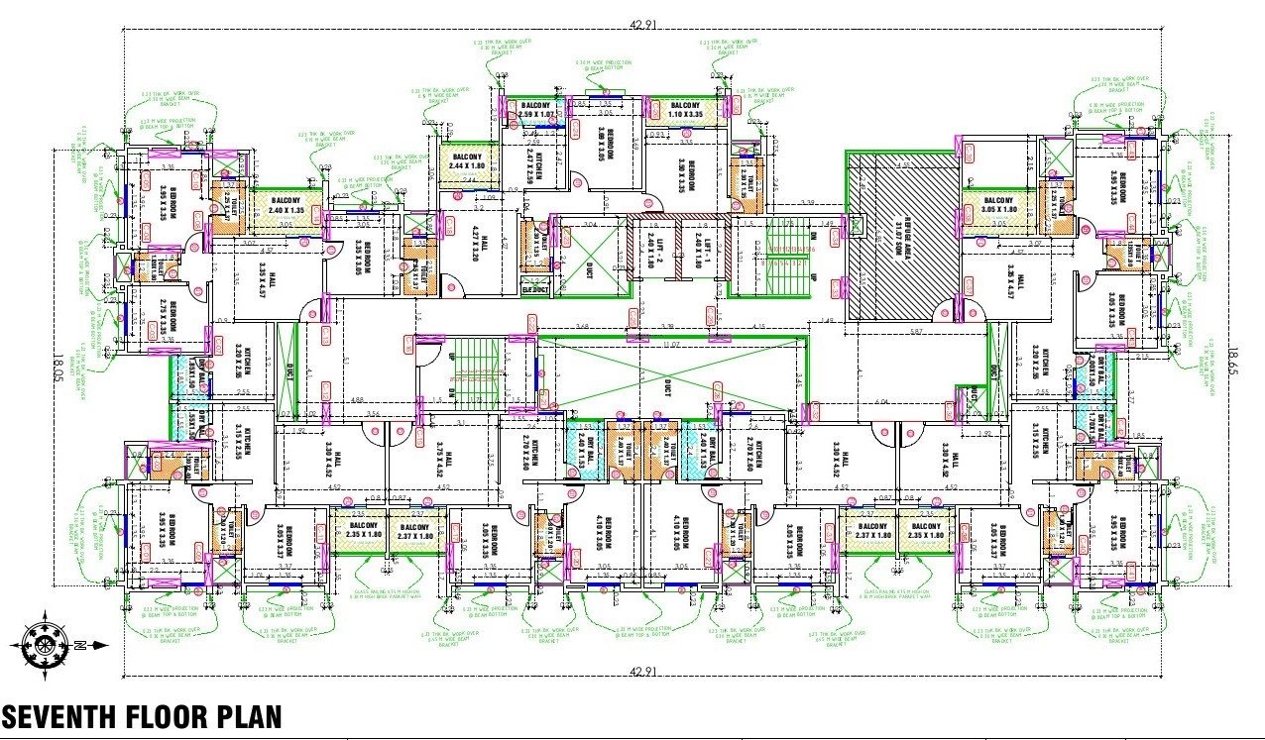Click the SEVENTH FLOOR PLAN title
[x=141, y=716]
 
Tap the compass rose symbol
[x=46, y=644]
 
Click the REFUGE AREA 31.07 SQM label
[x=905, y=234]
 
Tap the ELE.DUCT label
[x=535, y=289]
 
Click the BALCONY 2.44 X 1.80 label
[x=467, y=162]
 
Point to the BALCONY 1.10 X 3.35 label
[x=686, y=110]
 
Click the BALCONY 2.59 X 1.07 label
[x=533, y=110]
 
